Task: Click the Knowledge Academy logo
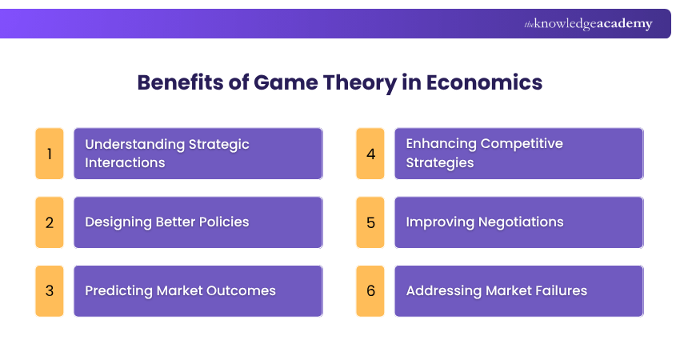pyautogui.click(x=588, y=24)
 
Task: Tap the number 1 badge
pyautogui.click(x=50, y=153)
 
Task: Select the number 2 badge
pyautogui.click(x=50, y=222)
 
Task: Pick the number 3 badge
pyautogui.click(x=50, y=291)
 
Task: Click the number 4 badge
pyautogui.click(x=370, y=153)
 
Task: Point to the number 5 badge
pyautogui.click(x=370, y=222)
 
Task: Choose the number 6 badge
pyautogui.click(x=370, y=291)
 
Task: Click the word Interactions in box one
pyautogui.click(x=125, y=163)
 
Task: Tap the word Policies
pyautogui.click(x=219, y=222)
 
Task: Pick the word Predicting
pyautogui.click(x=120, y=291)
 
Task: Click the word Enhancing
pyautogui.click(x=439, y=145)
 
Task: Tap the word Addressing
pyautogui.click(x=442, y=291)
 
